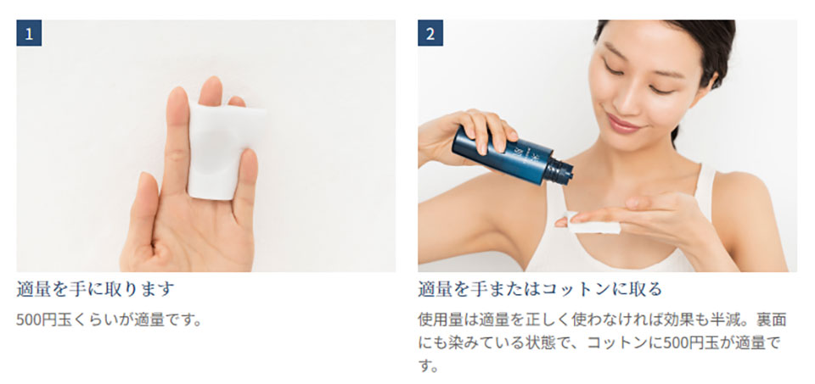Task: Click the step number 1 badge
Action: coord(29,34)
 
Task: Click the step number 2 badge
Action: coord(430,34)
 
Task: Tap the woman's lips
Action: coord(622,125)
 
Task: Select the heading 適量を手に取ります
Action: coord(95,289)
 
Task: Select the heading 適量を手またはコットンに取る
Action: coord(540,289)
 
